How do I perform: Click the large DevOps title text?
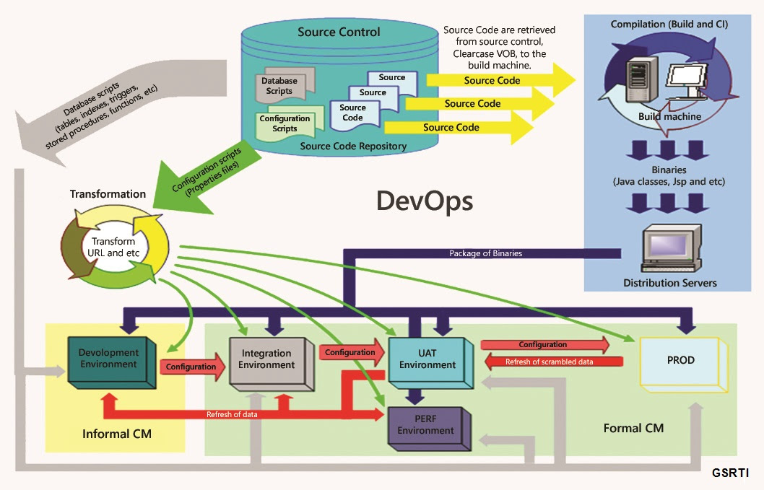click(x=425, y=201)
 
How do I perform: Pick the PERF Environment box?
click(x=426, y=425)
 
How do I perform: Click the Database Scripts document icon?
click(x=278, y=87)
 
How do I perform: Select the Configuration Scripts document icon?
click(x=285, y=123)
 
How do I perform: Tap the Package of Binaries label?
click(x=485, y=253)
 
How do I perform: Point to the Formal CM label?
click(x=633, y=428)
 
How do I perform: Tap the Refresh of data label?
click(x=232, y=414)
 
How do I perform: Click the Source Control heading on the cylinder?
click(x=339, y=32)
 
